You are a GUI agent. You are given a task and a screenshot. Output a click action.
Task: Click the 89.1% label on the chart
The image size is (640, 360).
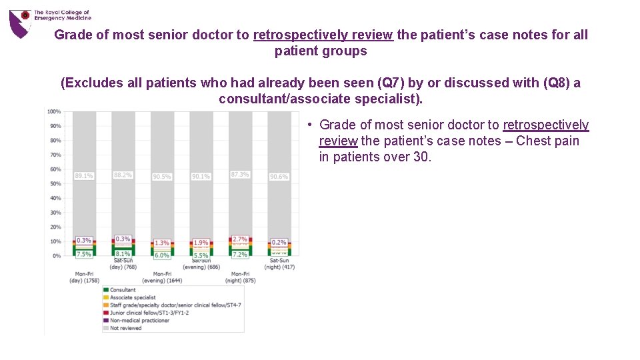pos(84,176)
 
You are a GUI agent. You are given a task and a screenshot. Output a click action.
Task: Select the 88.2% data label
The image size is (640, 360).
pos(123,175)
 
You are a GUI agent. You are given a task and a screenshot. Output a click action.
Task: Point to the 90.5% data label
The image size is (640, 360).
pos(162,177)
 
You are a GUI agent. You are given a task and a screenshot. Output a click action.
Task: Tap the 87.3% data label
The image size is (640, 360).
pos(240,175)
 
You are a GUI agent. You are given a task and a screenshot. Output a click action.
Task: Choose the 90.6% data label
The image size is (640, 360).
pos(279,177)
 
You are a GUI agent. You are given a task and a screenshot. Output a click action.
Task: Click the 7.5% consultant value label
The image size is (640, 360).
pos(84,254)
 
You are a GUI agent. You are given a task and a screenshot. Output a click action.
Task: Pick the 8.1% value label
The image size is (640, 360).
pos(123,254)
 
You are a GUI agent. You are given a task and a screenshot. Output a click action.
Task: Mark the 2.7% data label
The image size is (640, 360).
pos(240,239)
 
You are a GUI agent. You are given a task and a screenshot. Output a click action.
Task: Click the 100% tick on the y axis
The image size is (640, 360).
pos(54,111)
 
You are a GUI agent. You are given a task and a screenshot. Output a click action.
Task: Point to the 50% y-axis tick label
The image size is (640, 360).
pos(56,184)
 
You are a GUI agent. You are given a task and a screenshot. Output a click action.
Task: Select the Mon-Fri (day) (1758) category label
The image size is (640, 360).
pos(84,277)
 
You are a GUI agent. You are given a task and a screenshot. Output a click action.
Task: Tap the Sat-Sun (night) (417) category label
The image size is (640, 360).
pos(279,264)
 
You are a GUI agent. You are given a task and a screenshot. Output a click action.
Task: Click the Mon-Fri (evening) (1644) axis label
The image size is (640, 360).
pos(162,277)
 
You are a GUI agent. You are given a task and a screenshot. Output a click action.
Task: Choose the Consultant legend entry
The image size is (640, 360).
pos(122,290)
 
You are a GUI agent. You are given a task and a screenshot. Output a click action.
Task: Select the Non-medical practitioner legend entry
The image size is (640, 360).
pos(138,321)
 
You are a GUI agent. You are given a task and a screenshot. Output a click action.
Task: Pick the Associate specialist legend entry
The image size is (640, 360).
pos(132,297)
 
